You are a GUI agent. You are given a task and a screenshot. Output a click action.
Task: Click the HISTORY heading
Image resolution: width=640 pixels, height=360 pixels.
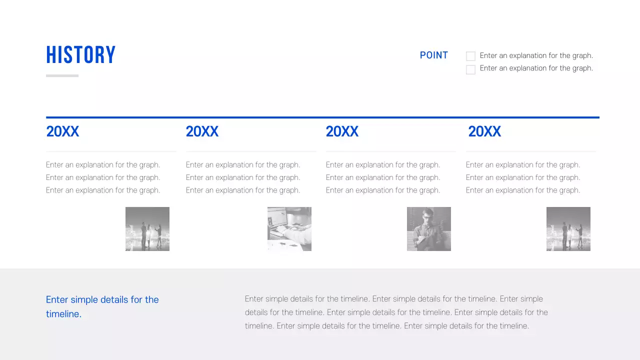pos(80,55)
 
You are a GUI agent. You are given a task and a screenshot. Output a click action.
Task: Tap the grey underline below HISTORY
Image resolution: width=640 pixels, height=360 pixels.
pos(62,76)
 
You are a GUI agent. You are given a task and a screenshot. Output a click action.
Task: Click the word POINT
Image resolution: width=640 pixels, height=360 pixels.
pos(433,55)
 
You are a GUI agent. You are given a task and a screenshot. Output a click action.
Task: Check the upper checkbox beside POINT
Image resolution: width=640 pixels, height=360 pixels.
pos(470,56)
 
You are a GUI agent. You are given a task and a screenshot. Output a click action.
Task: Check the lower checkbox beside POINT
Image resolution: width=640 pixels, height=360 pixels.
pos(470,69)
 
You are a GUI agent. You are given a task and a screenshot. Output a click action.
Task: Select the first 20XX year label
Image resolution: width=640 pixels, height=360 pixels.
pos(62,131)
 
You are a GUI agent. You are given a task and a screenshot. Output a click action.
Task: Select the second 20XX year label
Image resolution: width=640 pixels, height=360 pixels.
pos(202,131)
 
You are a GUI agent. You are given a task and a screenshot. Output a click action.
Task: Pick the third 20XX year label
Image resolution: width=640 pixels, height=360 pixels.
pos(342,131)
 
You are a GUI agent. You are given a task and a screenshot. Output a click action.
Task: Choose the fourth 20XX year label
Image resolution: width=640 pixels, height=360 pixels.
pos(484,131)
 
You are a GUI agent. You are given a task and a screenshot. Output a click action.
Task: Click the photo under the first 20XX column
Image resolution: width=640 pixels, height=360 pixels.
pos(147,229)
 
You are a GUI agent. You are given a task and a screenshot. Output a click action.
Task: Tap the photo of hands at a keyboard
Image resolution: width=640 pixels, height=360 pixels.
pos(289,229)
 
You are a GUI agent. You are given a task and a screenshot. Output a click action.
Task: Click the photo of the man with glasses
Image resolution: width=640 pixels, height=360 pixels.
pos(429,229)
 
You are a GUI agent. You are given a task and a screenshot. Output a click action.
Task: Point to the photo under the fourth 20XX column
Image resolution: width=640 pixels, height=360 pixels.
pos(568,229)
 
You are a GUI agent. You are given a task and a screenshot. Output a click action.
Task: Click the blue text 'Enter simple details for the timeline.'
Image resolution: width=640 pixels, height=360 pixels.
pos(102,306)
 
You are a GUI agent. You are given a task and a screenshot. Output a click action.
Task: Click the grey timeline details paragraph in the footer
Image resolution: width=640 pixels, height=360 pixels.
pos(396,312)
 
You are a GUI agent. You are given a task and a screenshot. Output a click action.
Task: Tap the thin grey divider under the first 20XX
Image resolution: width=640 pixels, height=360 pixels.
pos(111,151)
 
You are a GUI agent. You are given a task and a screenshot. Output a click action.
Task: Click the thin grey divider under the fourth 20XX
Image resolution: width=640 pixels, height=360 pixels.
pos(531,151)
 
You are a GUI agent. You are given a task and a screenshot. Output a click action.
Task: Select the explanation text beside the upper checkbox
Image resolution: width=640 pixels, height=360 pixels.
pos(536,55)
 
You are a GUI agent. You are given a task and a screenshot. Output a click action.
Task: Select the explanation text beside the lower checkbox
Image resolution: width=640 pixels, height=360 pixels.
pos(536,68)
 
